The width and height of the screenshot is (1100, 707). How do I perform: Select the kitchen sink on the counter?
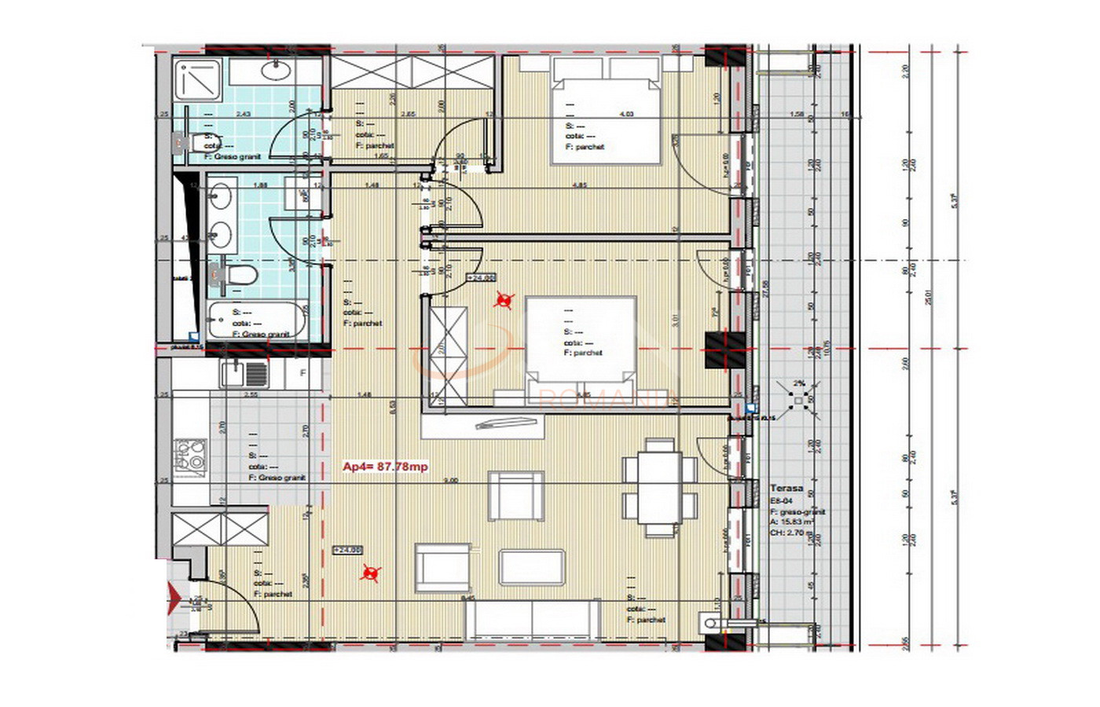tap(244, 374)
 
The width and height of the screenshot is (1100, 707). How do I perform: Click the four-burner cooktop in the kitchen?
tap(190, 456)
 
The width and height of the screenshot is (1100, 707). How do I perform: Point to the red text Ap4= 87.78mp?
tap(385, 467)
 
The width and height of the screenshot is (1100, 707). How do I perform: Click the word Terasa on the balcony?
tap(786, 488)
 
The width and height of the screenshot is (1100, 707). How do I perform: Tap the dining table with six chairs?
tap(659, 488)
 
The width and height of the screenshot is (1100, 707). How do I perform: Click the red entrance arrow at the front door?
tap(174, 600)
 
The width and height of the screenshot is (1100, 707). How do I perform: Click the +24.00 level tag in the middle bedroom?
tap(481, 277)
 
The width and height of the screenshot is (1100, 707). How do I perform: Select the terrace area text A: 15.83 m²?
tap(792, 521)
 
